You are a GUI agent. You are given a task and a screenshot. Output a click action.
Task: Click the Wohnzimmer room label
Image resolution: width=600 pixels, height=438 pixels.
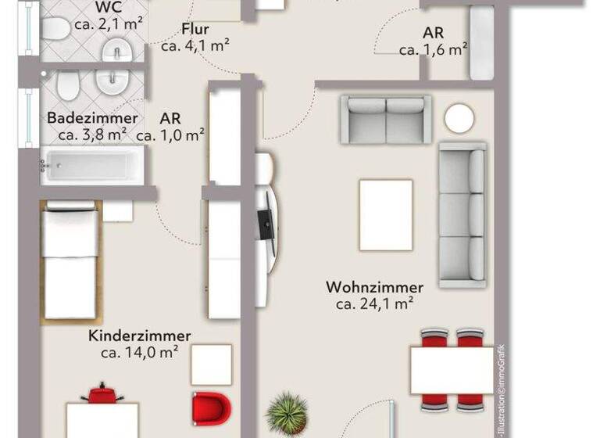(374, 287)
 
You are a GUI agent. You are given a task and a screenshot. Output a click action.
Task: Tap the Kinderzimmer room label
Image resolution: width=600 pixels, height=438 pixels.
(140, 336)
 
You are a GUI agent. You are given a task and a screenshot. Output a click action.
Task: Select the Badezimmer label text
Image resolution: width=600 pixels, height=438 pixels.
(92, 118)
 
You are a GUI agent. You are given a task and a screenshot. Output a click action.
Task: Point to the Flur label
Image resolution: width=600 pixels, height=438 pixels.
(195, 30)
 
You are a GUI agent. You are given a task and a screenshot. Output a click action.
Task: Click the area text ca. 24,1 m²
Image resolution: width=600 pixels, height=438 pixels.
(374, 304)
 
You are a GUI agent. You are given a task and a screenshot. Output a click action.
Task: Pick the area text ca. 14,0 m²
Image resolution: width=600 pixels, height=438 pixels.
(140, 353)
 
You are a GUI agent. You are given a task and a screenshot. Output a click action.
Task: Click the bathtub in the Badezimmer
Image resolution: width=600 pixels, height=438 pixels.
(89, 166)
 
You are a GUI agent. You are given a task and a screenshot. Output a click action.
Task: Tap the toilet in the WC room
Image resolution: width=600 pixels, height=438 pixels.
(56, 30)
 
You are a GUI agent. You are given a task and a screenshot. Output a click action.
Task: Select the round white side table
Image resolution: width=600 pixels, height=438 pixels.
(459, 118)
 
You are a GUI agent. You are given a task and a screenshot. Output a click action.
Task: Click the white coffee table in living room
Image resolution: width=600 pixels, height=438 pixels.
(385, 215)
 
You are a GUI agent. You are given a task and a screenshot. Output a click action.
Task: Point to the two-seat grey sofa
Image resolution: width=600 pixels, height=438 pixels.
(386, 119)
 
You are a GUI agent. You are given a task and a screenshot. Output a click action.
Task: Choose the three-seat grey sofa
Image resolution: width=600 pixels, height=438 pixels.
(462, 215)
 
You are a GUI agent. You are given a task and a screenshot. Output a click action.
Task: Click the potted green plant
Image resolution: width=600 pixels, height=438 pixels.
(287, 413)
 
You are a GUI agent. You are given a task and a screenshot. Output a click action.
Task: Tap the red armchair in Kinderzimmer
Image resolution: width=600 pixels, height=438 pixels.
(212, 408)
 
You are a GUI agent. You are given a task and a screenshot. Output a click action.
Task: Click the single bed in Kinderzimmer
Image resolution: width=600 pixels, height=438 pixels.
(70, 262)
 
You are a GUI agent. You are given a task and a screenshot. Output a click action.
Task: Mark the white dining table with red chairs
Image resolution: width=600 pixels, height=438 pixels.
(452, 370)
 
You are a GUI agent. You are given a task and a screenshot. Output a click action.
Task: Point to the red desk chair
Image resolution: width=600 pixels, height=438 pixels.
(102, 393)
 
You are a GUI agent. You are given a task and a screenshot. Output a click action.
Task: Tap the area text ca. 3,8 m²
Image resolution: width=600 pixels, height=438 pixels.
(92, 135)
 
